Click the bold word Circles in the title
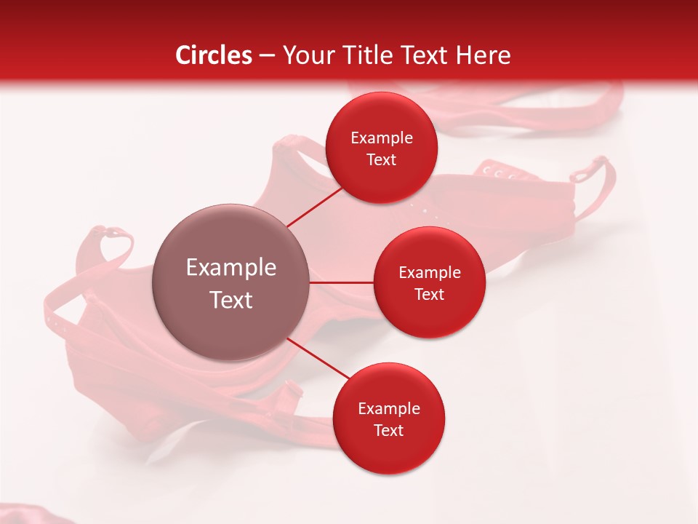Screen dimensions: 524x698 click(x=214, y=55)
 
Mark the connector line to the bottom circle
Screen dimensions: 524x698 click(x=318, y=359)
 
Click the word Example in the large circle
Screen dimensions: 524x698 click(x=231, y=268)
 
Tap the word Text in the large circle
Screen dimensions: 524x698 click(x=231, y=300)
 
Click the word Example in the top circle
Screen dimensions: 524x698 click(x=382, y=138)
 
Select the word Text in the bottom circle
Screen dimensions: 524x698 click(x=388, y=430)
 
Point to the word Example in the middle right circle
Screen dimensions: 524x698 click(x=430, y=273)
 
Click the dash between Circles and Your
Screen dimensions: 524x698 click(x=267, y=56)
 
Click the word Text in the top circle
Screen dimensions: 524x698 click(x=381, y=159)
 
